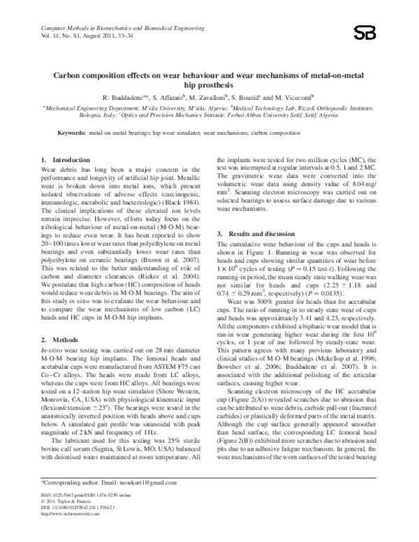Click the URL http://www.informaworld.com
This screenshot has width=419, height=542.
(x=71, y=532)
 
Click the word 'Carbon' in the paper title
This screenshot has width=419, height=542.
(x=69, y=74)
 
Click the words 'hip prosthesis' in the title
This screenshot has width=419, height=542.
(x=209, y=84)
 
